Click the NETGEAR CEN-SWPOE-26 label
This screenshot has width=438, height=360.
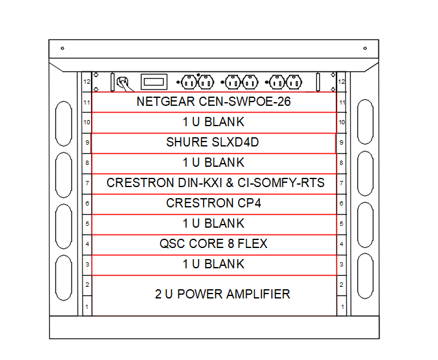(x=213, y=102)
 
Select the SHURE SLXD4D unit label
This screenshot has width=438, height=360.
(x=212, y=142)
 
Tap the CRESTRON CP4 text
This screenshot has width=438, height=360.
(x=213, y=203)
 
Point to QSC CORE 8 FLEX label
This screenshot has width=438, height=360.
(x=213, y=244)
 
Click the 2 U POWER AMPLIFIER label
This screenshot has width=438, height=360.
(x=222, y=294)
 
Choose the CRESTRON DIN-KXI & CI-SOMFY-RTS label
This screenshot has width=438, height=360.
(x=215, y=183)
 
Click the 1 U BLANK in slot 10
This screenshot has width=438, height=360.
(x=213, y=122)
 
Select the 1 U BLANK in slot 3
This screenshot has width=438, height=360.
(x=213, y=264)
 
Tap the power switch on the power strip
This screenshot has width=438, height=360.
(x=123, y=81)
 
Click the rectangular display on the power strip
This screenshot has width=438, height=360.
(x=154, y=81)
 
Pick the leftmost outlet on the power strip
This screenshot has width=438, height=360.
(x=188, y=81)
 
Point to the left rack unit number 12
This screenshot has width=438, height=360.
(x=87, y=81)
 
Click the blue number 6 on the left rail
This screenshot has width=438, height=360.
(x=87, y=203)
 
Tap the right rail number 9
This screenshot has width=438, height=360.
(x=341, y=142)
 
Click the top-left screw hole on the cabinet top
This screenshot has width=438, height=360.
(x=62, y=47)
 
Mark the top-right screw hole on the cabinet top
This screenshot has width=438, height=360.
(x=365, y=47)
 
